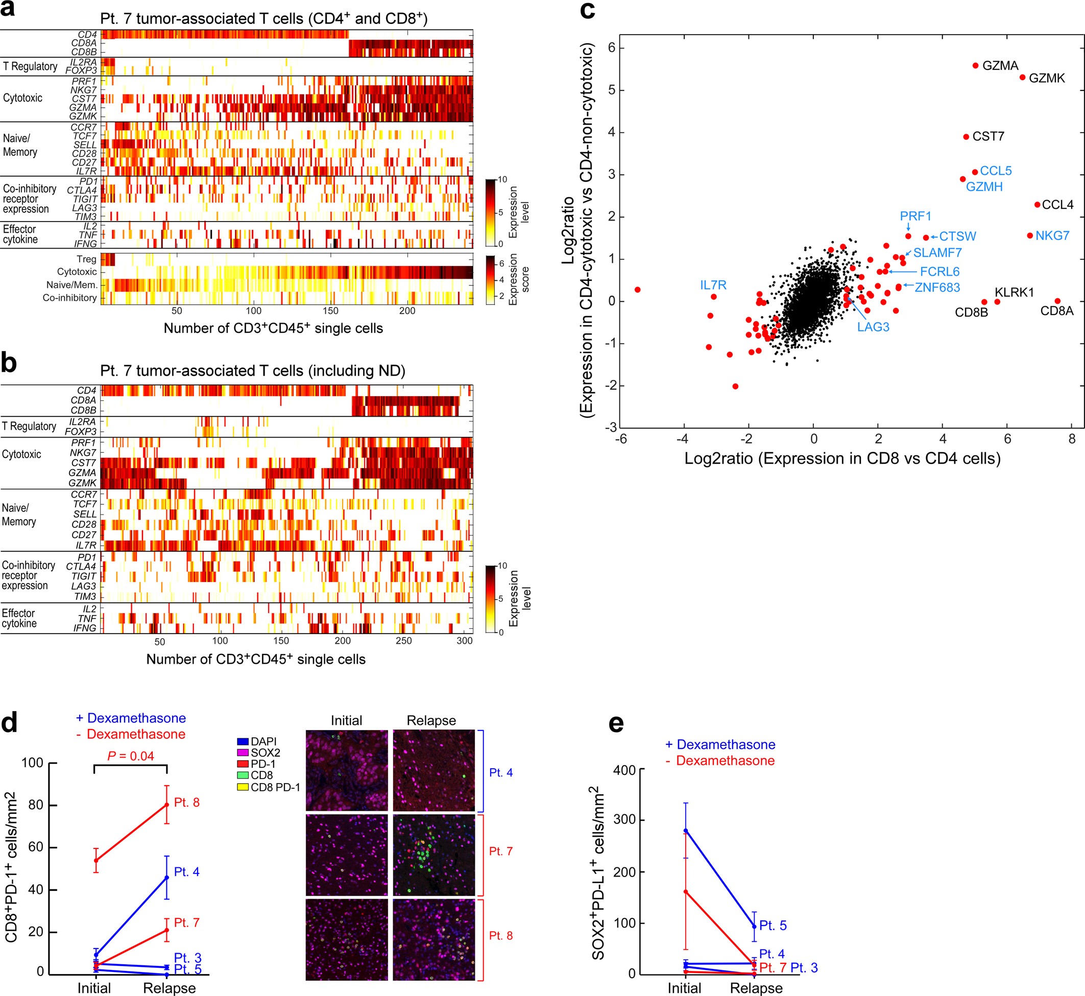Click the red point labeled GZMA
(x=975, y=66)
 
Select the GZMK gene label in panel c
(x=1046, y=78)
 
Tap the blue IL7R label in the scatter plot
(x=713, y=285)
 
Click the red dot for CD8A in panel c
(x=1057, y=301)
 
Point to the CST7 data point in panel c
(x=966, y=137)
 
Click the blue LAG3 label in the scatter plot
(x=873, y=327)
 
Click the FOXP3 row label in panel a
(x=81, y=70)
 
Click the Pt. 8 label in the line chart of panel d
(x=186, y=803)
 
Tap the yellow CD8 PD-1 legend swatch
(x=243, y=787)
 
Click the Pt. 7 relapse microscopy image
(x=434, y=855)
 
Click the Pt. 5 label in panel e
(x=773, y=926)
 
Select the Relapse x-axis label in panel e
(x=756, y=988)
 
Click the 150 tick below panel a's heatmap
(x=330, y=311)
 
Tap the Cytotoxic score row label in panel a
(x=77, y=272)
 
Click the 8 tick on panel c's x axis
(x=1072, y=439)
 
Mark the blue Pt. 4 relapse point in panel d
(x=166, y=878)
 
